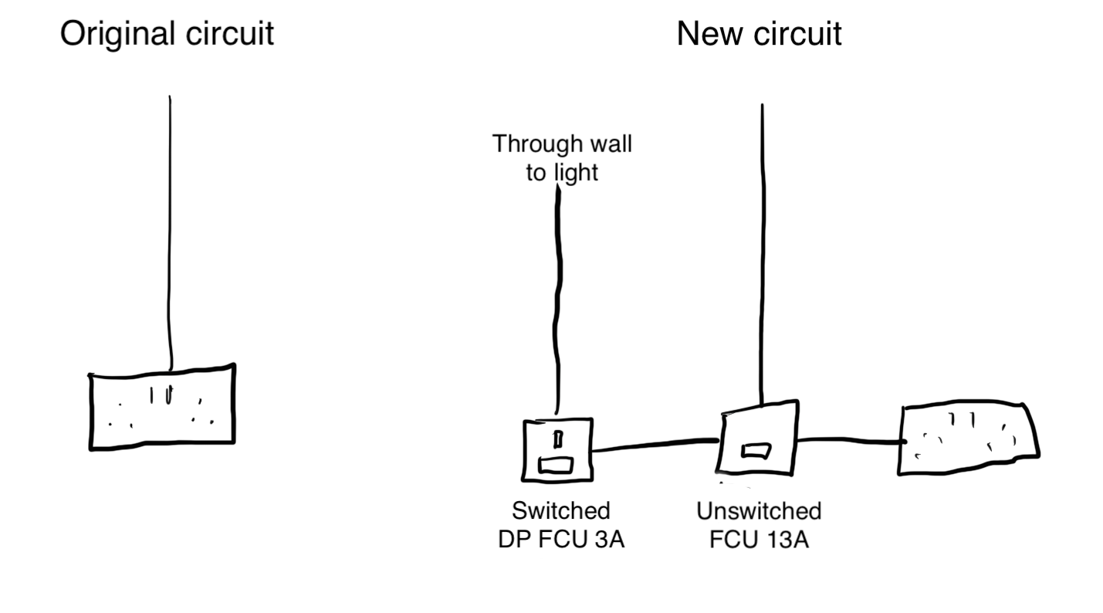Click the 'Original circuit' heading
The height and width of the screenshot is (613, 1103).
click(x=167, y=35)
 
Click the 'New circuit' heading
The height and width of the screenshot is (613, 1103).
click(x=759, y=35)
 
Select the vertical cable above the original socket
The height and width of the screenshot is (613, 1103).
click(x=171, y=232)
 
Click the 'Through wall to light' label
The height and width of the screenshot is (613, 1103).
click(x=562, y=157)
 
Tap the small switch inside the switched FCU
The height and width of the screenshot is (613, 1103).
click(x=557, y=440)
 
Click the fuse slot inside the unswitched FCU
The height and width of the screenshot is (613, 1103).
click(x=753, y=450)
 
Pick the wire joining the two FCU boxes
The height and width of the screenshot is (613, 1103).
click(x=656, y=445)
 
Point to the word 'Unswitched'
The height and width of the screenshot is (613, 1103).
click(x=759, y=512)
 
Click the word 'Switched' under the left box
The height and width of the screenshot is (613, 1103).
click(x=561, y=512)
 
